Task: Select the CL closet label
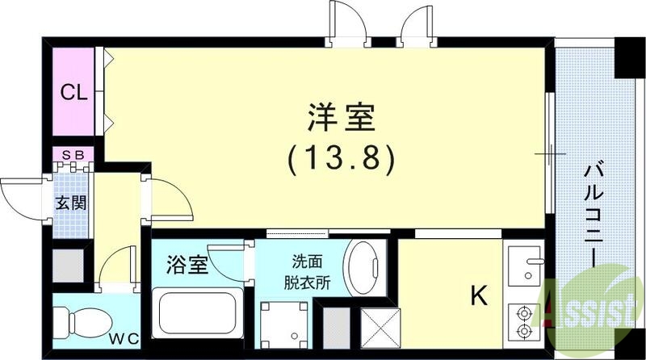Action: point(73,92)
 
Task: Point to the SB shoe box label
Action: point(73,153)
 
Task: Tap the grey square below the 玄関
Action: point(69,263)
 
